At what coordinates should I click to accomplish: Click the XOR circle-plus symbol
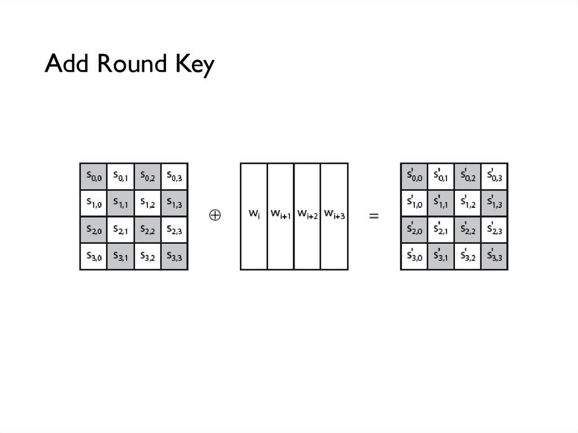point(215,216)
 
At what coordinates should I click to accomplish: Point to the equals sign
point(374,216)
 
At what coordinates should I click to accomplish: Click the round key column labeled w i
point(254,216)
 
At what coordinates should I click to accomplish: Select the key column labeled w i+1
point(281,216)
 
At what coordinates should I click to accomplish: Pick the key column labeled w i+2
point(307,216)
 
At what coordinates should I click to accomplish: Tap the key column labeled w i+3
point(334,216)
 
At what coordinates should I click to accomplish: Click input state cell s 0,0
point(94,177)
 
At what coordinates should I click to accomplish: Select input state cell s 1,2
point(147,203)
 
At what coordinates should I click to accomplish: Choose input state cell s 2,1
point(121,230)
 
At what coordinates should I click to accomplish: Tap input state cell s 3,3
point(174,257)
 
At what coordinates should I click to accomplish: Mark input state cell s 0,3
point(174,177)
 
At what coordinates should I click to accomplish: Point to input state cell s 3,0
point(94,257)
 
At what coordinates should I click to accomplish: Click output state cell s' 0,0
point(414,177)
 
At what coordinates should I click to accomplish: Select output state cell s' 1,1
point(441,203)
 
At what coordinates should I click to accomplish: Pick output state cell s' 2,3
point(494,230)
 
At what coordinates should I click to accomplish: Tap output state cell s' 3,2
point(467,257)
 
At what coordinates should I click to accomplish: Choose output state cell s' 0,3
point(494,177)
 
